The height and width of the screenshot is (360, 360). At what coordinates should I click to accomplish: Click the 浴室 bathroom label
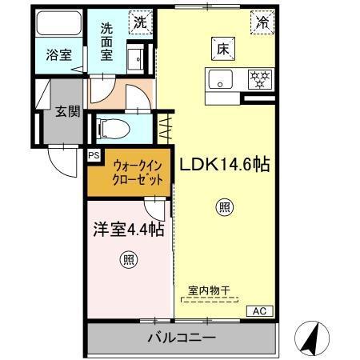pos(58,56)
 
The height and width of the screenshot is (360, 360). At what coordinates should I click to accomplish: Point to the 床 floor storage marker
pos(222,48)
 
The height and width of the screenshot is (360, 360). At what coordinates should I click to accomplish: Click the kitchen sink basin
pos(220,79)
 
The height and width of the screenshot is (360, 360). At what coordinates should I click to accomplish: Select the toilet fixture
pos(111,126)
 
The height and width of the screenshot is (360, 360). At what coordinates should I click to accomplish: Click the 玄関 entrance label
pos(67,111)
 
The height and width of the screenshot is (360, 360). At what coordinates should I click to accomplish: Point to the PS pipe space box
pos(94,155)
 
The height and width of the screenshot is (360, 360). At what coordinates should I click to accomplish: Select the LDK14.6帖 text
pos(225,165)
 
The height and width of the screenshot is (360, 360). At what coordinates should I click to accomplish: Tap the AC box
pos(259,310)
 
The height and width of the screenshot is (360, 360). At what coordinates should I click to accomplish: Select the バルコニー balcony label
pos(181,338)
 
